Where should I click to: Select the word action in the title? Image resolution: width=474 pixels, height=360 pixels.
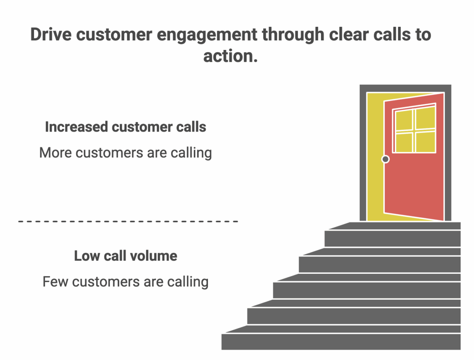(228, 56)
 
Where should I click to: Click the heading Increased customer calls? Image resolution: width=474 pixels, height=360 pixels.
(125, 127)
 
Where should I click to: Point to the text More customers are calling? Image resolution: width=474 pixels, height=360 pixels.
(125, 152)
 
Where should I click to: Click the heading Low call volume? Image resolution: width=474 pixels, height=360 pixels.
(125, 256)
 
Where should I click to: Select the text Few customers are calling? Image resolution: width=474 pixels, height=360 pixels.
(125, 281)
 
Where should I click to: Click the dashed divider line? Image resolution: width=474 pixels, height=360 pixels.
(128, 221)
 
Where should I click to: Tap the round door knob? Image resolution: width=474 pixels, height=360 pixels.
(385, 159)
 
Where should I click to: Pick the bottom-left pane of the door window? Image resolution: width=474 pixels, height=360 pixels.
(404, 142)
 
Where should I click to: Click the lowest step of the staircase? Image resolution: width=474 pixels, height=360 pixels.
(341, 341)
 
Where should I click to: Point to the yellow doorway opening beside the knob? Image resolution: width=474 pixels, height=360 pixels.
(375, 185)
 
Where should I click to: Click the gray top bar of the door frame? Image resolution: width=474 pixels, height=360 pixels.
(405, 88)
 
